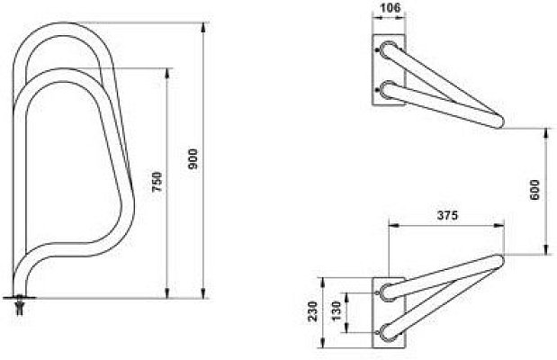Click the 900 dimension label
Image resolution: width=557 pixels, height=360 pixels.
(193, 159)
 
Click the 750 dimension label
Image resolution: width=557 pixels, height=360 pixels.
(157, 182)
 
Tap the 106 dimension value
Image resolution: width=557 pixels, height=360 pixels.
(390, 7)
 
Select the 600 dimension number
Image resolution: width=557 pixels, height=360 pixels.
(535, 190)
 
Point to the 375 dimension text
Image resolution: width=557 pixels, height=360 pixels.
(447, 215)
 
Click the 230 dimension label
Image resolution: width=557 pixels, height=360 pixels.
(312, 311)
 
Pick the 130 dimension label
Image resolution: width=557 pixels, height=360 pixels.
(336, 310)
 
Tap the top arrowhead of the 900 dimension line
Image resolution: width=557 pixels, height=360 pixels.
(203, 28)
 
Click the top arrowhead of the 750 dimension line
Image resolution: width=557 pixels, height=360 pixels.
(167, 73)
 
